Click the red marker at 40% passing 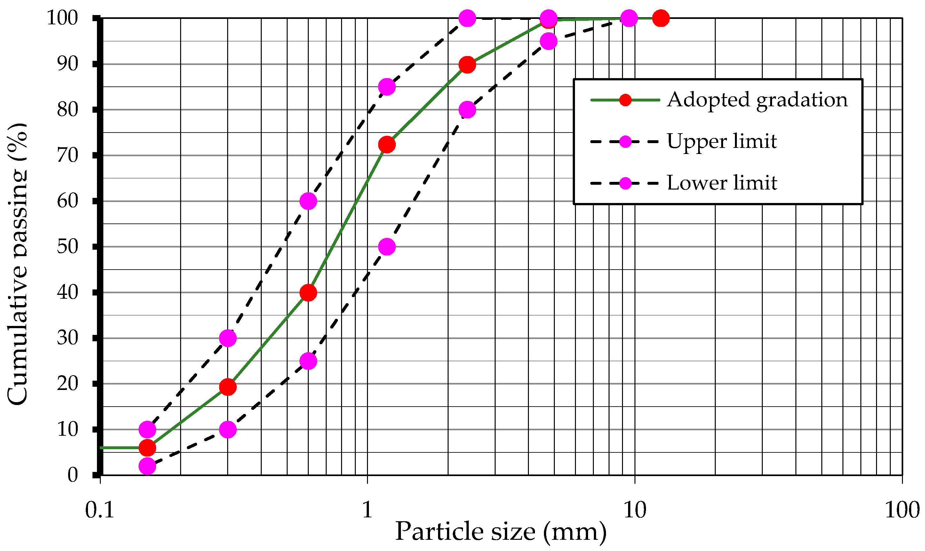point(308,293)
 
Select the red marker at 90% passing point(467,65)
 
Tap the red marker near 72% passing point(387,144)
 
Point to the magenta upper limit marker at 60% point(308,201)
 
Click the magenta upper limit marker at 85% point(387,87)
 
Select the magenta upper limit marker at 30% point(227,338)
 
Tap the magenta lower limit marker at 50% point(387,247)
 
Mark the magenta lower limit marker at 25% point(308,361)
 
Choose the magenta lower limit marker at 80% point(467,110)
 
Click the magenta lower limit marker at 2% point(147,466)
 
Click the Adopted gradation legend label point(757,100)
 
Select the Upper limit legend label point(722,142)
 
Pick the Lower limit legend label point(722,183)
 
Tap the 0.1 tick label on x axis point(100,510)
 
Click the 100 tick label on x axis point(902,510)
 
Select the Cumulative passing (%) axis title point(18,263)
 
